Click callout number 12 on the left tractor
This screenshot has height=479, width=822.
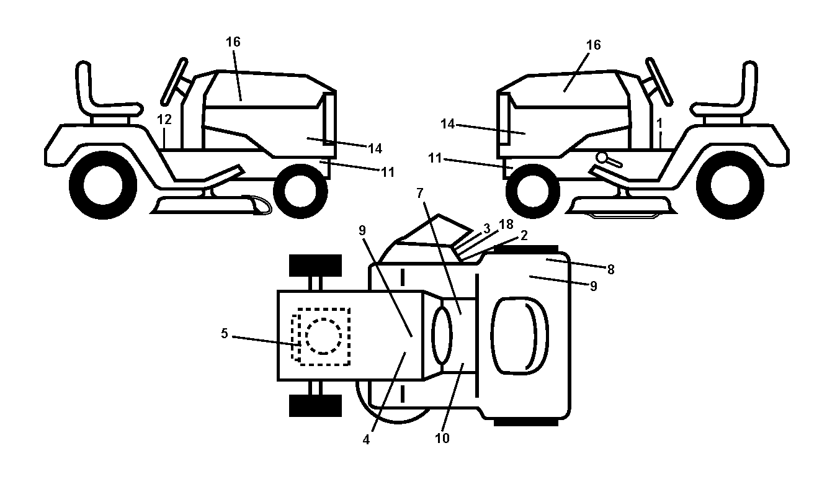coord(164,119)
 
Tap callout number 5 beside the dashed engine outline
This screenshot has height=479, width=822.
coord(225,333)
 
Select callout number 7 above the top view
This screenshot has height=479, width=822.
coord(420,193)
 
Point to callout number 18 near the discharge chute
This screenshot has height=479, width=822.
coord(506,224)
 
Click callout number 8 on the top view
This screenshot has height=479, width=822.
coord(610,269)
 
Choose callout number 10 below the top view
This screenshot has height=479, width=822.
coord(442,438)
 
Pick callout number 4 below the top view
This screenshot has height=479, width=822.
coord(366,439)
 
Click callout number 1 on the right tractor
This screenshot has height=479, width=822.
coord(659,123)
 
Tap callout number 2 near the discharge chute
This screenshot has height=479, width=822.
coord(524,235)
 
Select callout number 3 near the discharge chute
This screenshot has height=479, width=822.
coord(487,228)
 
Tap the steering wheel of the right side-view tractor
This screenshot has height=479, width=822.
coord(659,81)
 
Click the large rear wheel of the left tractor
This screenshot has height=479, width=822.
coord(103,185)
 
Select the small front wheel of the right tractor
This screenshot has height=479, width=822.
coord(533,191)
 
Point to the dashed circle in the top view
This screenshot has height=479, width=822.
coord(323,336)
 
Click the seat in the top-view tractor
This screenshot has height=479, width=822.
coord(520,336)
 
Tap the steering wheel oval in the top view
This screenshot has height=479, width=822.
coord(442,336)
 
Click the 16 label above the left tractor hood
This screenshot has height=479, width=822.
coord(233,42)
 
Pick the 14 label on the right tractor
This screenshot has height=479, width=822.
coord(448,124)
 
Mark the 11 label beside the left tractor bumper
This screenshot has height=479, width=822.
coord(388,172)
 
